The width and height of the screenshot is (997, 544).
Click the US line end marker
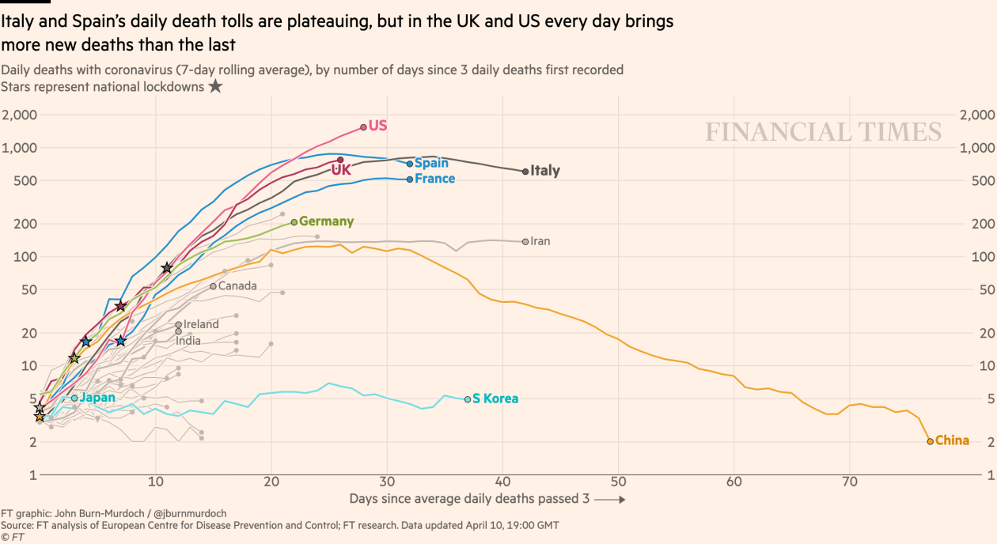(x=363, y=127)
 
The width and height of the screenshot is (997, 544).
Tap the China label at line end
(x=952, y=440)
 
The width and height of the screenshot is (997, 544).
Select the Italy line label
(x=545, y=171)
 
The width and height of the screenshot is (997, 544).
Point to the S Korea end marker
(x=468, y=399)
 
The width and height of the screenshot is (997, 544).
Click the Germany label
(x=326, y=222)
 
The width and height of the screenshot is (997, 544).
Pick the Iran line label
(x=540, y=241)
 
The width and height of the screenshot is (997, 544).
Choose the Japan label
(x=97, y=398)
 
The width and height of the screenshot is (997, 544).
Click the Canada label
(x=237, y=285)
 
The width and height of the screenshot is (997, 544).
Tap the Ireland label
(x=201, y=324)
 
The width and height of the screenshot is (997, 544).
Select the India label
(x=188, y=341)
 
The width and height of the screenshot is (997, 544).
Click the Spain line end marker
(x=410, y=164)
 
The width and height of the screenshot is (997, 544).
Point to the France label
(x=434, y=179)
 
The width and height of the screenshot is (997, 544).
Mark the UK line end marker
(x=340, y=160)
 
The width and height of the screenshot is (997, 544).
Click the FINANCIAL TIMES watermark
(x=823, y=132)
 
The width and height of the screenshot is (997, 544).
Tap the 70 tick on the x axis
(x=850, y=482)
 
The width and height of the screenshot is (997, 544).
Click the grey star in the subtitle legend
(x=215, y=86)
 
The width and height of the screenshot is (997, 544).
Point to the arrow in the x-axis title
(x=610, y=500)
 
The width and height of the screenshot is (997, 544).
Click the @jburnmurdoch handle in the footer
(x=188, y=513)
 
